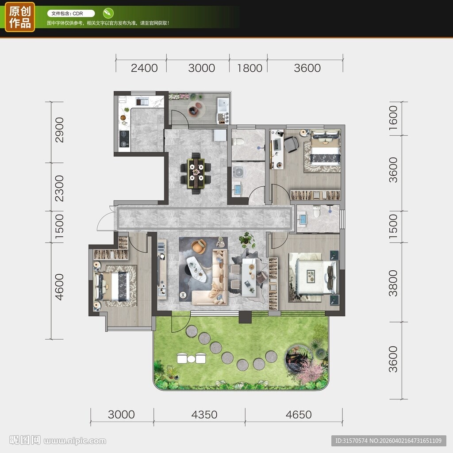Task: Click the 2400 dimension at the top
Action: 144,68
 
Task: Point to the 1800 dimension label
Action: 250,68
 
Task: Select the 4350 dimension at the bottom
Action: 204,415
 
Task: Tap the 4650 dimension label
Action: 299,415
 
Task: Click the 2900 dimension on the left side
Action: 59,130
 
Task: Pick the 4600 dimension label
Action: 59,287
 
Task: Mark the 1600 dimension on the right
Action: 393,118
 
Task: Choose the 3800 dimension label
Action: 393,283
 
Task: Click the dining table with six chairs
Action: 196,173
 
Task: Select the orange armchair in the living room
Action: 199,246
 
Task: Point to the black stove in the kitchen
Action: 124,138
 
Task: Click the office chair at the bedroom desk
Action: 292,144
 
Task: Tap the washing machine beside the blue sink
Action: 238,172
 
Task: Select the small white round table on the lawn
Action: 191,359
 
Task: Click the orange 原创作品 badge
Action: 20,17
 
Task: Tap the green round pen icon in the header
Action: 108,13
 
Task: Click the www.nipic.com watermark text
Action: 75,441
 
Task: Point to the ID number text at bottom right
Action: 388,441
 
